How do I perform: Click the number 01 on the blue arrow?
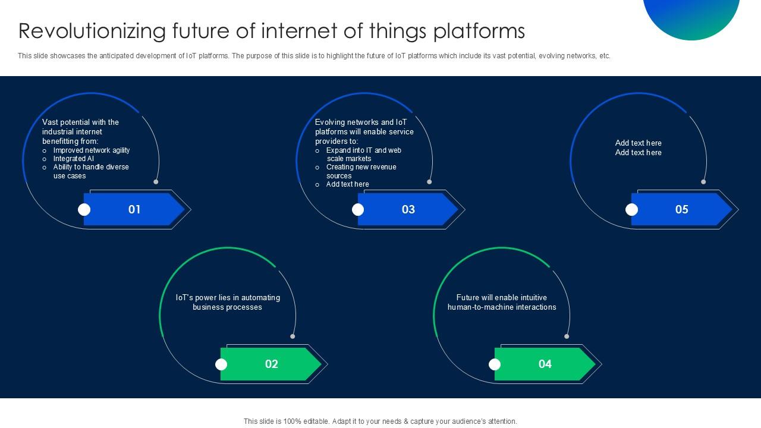pyautogui.click(x=134, y=209)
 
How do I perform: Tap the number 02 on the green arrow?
pyautogui.click(x=271, y=364)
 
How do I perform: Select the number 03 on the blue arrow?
pyautogui.click(x=408, y=209)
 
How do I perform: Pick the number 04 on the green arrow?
pyautogui.click(x=545, y=364)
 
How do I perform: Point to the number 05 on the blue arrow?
pyautogui.click(x=681, y=209)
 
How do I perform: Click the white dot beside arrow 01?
pyautogui.click(x=84, y=209)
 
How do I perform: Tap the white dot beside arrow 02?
pyautogui.click(x=221, y=364)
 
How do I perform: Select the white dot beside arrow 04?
pyautogui.click(x=495, y=364)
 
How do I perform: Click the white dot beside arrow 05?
pyautogui.click(x=632, y=209)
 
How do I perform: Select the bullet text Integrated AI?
pyautogui.click(x=74, y=159)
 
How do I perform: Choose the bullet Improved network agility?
pyautogui.click(x=92, y=150)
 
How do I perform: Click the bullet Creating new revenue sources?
pyautogui.click(x=361, y=171)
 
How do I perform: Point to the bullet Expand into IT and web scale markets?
pyautogui.click(x=363, y=155)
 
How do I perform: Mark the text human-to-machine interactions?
pyautogui.click(x=502, y=307)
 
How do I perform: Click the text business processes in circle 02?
pyautogui.click(x=227, y=307)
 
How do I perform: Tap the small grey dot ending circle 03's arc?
pyautogui.click(x=429, y=182)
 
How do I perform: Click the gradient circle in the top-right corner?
pyautogui.click(x=691, y=15)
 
